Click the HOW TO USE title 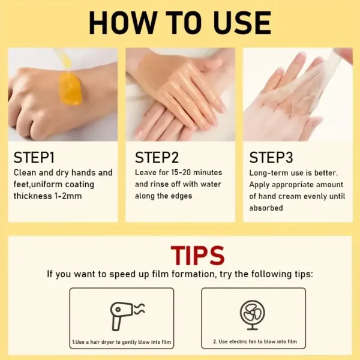(x=179, y=23)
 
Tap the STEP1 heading (x=34, y=158)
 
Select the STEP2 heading (x=157, y=158)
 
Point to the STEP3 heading (x=271, y=158)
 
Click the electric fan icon (x=253, y=314)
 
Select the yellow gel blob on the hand (x=70, y=89)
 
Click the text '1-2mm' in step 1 (x=67, y=196)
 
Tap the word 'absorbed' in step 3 (x=267, y=208)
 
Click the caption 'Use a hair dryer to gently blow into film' (x=121, y=342)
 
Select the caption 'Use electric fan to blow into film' (x=254, y=342)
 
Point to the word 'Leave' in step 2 (x=147, y=173)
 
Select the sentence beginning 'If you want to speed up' (x=180, y=274)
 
